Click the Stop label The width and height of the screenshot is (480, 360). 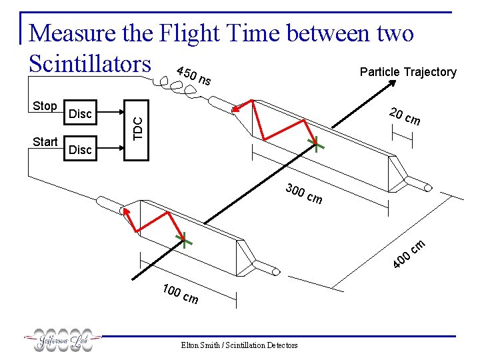tap(45, 106)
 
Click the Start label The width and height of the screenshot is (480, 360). tap(45, 141)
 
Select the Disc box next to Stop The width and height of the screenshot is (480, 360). tap(80, 114)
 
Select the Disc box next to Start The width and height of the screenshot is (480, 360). tap(80, 149)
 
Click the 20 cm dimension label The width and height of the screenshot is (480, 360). tap(405, 116)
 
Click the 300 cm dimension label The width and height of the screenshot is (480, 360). tap(303, 193)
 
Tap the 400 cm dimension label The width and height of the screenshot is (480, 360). tap(409, 254)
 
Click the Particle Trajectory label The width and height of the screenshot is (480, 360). tap(408, 72)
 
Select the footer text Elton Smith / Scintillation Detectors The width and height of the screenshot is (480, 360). tap(240, 345)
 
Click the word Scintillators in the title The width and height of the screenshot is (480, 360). tap(91, 63)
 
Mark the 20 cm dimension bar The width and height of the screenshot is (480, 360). tap(403, 137)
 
